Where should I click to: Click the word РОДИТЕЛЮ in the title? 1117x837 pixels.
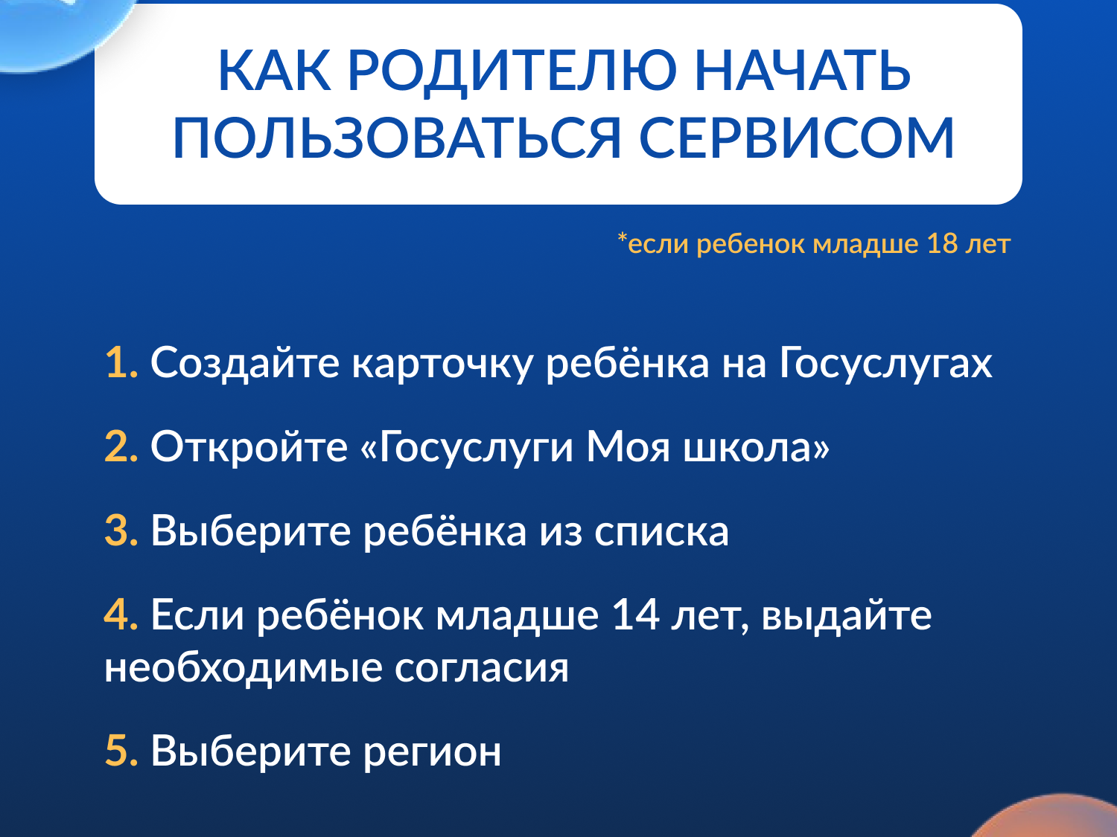[512, 71]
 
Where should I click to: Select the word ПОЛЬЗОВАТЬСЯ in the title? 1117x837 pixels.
[397, 138]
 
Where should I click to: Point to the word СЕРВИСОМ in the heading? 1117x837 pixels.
[796, 138]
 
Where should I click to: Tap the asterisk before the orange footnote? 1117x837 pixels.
[622, 237]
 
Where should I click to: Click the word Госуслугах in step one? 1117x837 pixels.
[885, 364]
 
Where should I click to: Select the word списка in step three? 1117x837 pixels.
[661, 531]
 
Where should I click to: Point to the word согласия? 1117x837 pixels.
[481, 668]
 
